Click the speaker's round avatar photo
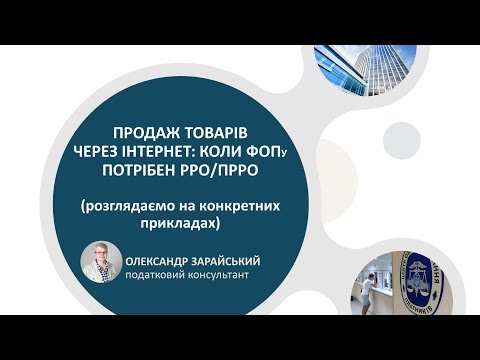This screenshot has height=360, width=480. [x=101, y=264]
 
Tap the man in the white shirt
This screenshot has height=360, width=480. [x=372, y=290]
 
